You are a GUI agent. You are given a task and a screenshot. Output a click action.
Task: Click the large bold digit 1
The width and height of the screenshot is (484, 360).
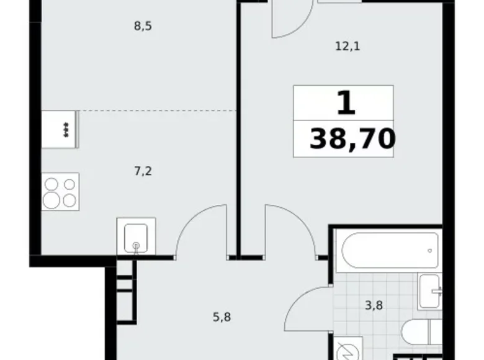(346, 103)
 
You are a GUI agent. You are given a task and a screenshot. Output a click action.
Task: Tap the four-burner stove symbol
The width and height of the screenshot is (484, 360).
(60, 191)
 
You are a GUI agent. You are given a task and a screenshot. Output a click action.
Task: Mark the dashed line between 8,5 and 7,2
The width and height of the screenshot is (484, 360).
(155, 110)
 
